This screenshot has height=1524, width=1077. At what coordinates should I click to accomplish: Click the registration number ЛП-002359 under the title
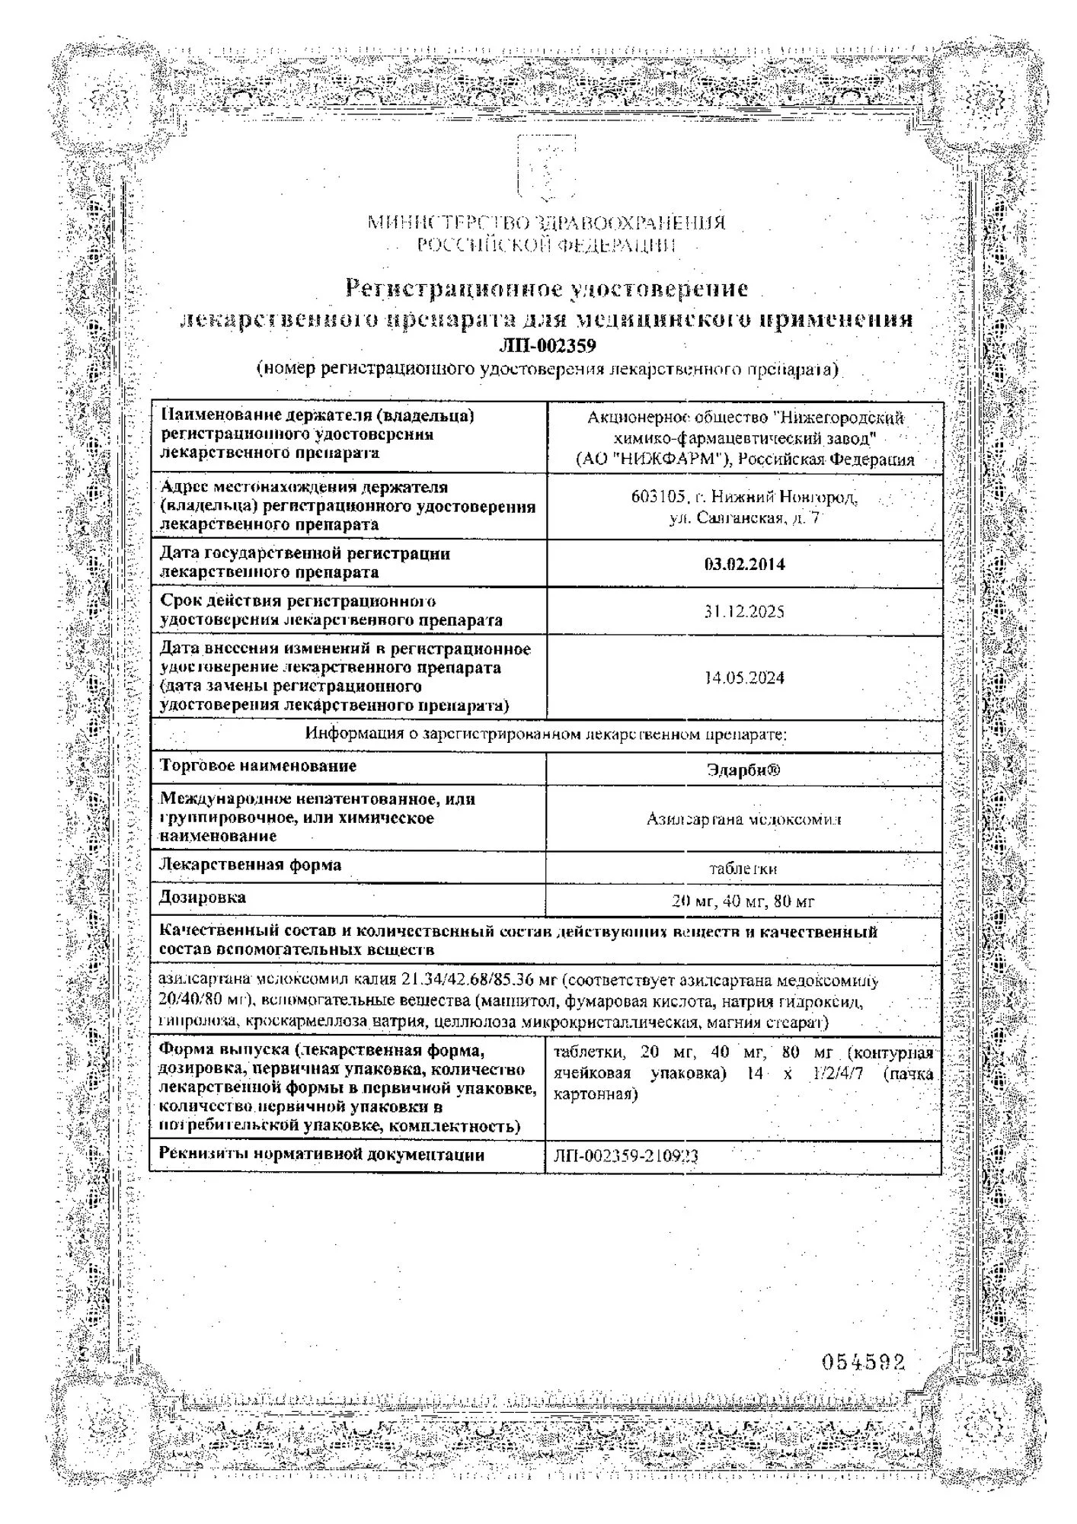pos(548,345)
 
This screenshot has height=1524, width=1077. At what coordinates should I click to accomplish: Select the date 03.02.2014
pos(744,565)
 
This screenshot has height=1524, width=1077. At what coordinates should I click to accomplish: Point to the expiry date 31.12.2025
pos(744,612)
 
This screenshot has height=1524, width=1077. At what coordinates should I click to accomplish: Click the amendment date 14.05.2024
pos(744,678)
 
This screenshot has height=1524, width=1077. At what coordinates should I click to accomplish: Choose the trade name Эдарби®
pos(744,770)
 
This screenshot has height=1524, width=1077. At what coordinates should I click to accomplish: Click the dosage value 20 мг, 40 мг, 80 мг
pos(743,901)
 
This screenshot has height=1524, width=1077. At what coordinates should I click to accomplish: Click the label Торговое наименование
pos(257,766)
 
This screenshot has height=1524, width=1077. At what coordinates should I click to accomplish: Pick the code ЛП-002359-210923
pos(626,1156)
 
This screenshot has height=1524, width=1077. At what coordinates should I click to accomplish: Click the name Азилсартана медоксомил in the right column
pos(743,820)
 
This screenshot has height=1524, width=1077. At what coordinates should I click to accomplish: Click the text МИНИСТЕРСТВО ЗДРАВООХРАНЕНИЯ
pos(546,223)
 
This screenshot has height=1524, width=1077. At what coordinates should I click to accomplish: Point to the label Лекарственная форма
pos(250,865)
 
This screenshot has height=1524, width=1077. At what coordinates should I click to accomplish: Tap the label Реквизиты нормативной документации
pos(321,1154)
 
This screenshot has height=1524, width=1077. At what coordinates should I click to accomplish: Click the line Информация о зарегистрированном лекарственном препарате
pos(546,735)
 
